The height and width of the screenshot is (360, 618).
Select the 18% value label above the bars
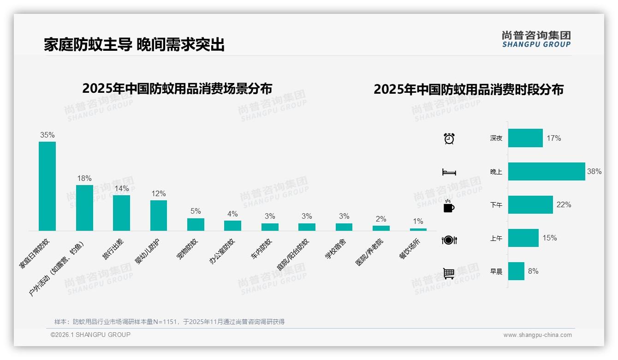84,178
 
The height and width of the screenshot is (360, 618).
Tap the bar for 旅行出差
121,213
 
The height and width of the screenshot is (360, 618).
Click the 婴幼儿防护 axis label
147,252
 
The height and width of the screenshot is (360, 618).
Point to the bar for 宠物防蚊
196,224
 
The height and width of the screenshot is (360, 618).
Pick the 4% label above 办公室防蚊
232,214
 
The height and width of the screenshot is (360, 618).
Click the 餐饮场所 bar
418,229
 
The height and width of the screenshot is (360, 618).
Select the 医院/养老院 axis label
369,252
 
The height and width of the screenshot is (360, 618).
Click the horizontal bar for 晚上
547,171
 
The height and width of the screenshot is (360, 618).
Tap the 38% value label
594,171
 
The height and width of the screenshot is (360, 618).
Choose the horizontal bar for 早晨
516,271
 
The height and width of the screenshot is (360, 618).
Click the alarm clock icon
449,138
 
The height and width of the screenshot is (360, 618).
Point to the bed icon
449,172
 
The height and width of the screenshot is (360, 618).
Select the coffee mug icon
449,206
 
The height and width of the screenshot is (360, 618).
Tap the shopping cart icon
449,273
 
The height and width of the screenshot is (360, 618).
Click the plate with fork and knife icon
449,240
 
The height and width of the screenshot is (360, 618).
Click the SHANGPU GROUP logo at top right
536,39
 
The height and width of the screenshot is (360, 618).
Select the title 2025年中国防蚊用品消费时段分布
468,90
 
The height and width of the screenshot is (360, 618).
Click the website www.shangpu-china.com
537,335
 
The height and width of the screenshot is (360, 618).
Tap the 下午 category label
496,205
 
